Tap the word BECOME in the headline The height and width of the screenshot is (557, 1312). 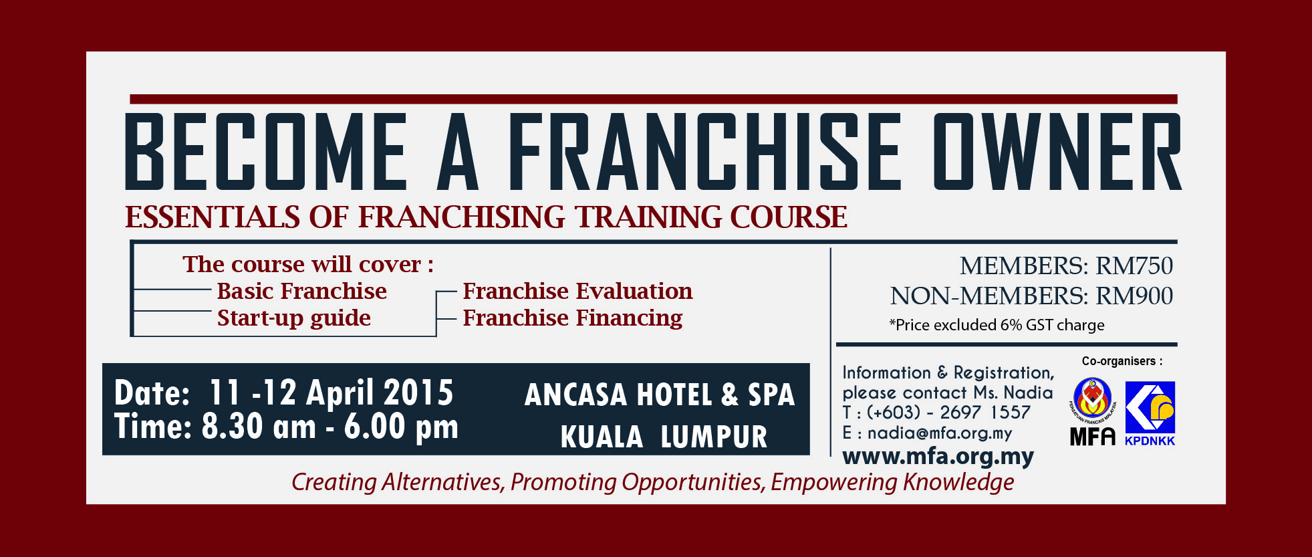(266, 151)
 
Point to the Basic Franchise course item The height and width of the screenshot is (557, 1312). (301, 292)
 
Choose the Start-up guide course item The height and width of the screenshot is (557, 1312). (293, 318)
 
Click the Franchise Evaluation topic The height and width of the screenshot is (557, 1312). (577, 292)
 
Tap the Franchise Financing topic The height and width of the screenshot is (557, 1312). (573, 318)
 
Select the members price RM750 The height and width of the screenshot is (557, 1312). (1134, 266)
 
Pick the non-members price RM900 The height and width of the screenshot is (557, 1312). (1134, 296)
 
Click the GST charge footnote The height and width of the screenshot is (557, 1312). (997, 325)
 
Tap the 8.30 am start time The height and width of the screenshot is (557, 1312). (259, 427)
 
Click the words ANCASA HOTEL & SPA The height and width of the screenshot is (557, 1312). (660, 395)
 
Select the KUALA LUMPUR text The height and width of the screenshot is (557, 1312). (664, 437)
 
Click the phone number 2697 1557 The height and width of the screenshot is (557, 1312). (985, 413)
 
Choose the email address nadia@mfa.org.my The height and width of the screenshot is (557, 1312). (940, 433)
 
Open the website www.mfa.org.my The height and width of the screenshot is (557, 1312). (938, 456)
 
